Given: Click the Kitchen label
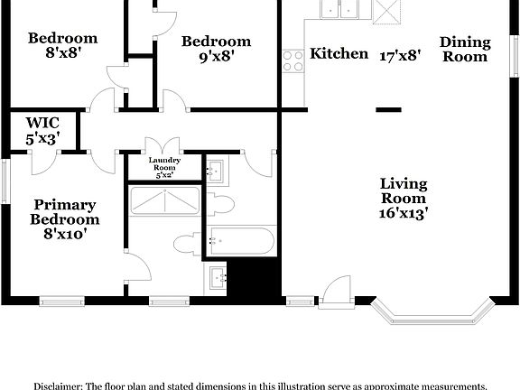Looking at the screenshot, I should [339, 54].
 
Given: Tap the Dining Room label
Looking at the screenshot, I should [465, 49].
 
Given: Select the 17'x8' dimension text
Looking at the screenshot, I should [399, 54].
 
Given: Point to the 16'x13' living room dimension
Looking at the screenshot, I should [403, 214].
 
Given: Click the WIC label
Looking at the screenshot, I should [42, 123].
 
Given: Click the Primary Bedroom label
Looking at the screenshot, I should [64, 212].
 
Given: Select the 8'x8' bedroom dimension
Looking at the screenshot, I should [62, 52].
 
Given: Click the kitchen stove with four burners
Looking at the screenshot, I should [293, 60].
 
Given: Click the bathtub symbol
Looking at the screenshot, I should [240, 241].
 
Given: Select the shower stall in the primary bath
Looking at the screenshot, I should [165, 200].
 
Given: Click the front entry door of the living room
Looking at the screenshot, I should [333, 292].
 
